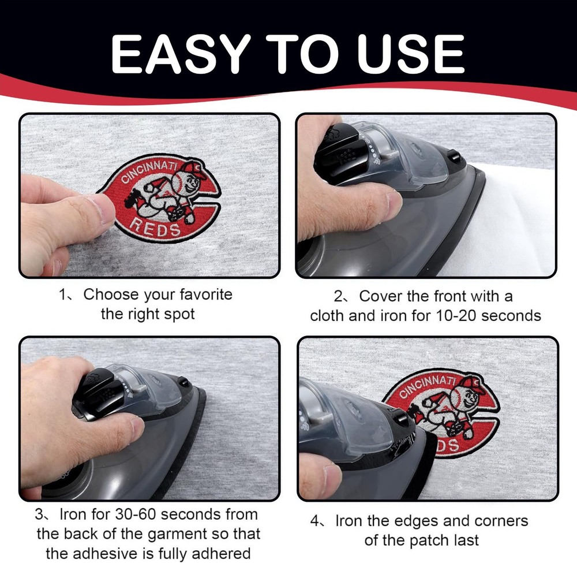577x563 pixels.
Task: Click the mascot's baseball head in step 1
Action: (188, 178)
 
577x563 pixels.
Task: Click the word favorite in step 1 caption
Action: (206, 294)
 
